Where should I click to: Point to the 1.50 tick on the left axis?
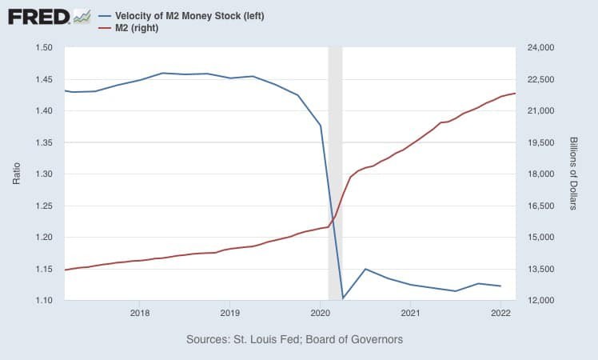[44, 48]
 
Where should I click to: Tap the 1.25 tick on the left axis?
[44, 206]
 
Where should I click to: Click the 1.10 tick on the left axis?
[44, 300]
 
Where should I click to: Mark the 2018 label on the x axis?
[139, 312]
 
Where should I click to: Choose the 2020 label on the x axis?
[320, 312]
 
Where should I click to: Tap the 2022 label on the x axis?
[500, 312]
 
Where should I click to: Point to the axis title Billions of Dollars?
[573, 174]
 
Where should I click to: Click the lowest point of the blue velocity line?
[342, 298]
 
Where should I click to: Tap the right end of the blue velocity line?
[500, 286]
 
